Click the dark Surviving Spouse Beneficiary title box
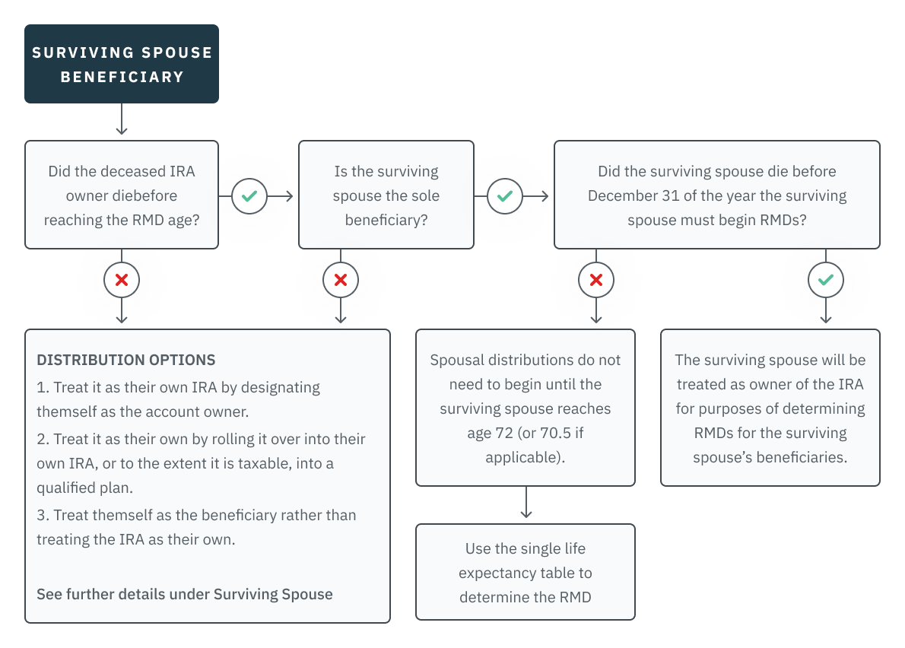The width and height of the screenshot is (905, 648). tap(122, 64)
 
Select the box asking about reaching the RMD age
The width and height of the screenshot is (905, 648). tap(122, 195)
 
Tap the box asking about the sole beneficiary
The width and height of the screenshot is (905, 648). tap(386, 195)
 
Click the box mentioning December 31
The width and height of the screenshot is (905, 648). tap(716, 195)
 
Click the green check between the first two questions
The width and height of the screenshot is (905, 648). tap(249, 196)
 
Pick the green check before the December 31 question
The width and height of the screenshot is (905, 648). tap(504, 196)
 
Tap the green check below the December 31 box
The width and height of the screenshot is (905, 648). tap(825, 280)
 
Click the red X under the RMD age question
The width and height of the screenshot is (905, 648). tap(122, 280)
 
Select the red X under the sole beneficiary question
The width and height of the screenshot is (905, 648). tap(341, 280)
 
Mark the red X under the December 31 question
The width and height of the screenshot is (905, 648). tap(596, 280)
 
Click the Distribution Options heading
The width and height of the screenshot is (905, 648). tap(126, 360)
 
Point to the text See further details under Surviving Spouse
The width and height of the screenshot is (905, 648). tap(185, 594)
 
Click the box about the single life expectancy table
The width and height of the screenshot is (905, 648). tap(525, 572)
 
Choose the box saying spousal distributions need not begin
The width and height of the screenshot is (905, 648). tap(525, 408)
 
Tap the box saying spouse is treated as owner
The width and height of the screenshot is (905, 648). tap(770, 408)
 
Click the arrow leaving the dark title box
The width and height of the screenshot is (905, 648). tap(122, 121)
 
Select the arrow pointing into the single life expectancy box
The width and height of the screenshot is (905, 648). tap(525, 505)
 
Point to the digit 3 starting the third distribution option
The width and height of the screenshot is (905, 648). tap(42, 516)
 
